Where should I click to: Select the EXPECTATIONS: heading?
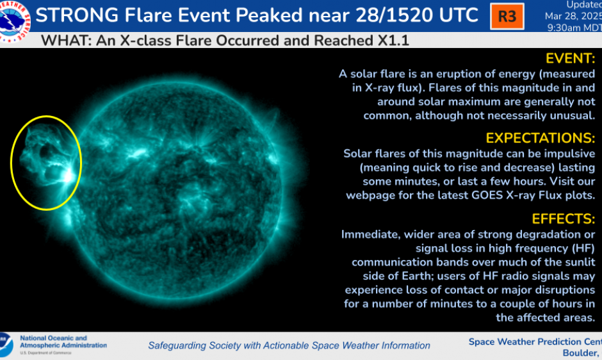[x=540, y=138]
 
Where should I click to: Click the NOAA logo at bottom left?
[x=6, y=344]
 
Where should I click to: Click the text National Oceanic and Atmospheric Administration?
[x=63, y=341]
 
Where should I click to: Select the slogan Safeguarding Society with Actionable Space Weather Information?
[x=289, y=345]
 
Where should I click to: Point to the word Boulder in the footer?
[x=580, y=353]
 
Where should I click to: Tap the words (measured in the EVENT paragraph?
[x=563, y=74]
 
